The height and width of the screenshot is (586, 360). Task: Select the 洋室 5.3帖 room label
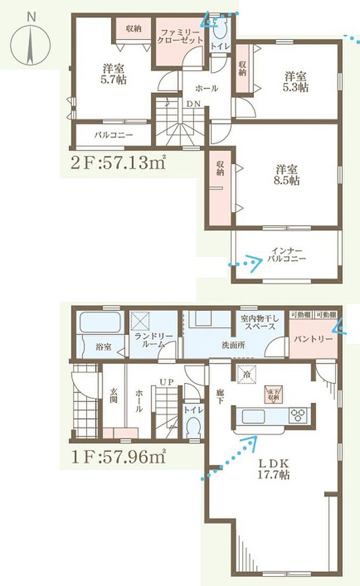[x=296, y=81]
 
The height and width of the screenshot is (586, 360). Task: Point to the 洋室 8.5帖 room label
[x=287, y=175]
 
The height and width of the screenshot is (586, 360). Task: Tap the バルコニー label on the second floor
[x=114, y=135]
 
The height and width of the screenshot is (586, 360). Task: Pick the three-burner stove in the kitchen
[x=301, y=415]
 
